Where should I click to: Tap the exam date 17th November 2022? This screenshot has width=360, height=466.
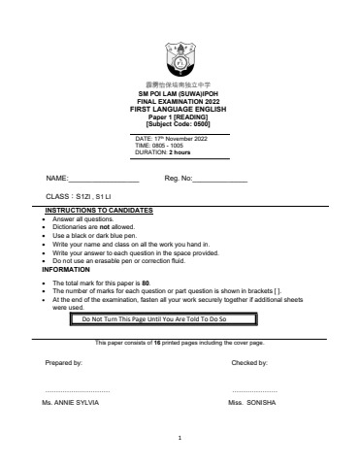[182, 139]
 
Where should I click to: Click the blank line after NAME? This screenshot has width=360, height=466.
[104, 181]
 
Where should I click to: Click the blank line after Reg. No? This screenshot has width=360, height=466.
[221, 181]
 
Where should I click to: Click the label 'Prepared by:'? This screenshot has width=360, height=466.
[64, 362]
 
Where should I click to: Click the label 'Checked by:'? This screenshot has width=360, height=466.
[249, 362]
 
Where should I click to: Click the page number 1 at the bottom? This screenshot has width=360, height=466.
[180, 438]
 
